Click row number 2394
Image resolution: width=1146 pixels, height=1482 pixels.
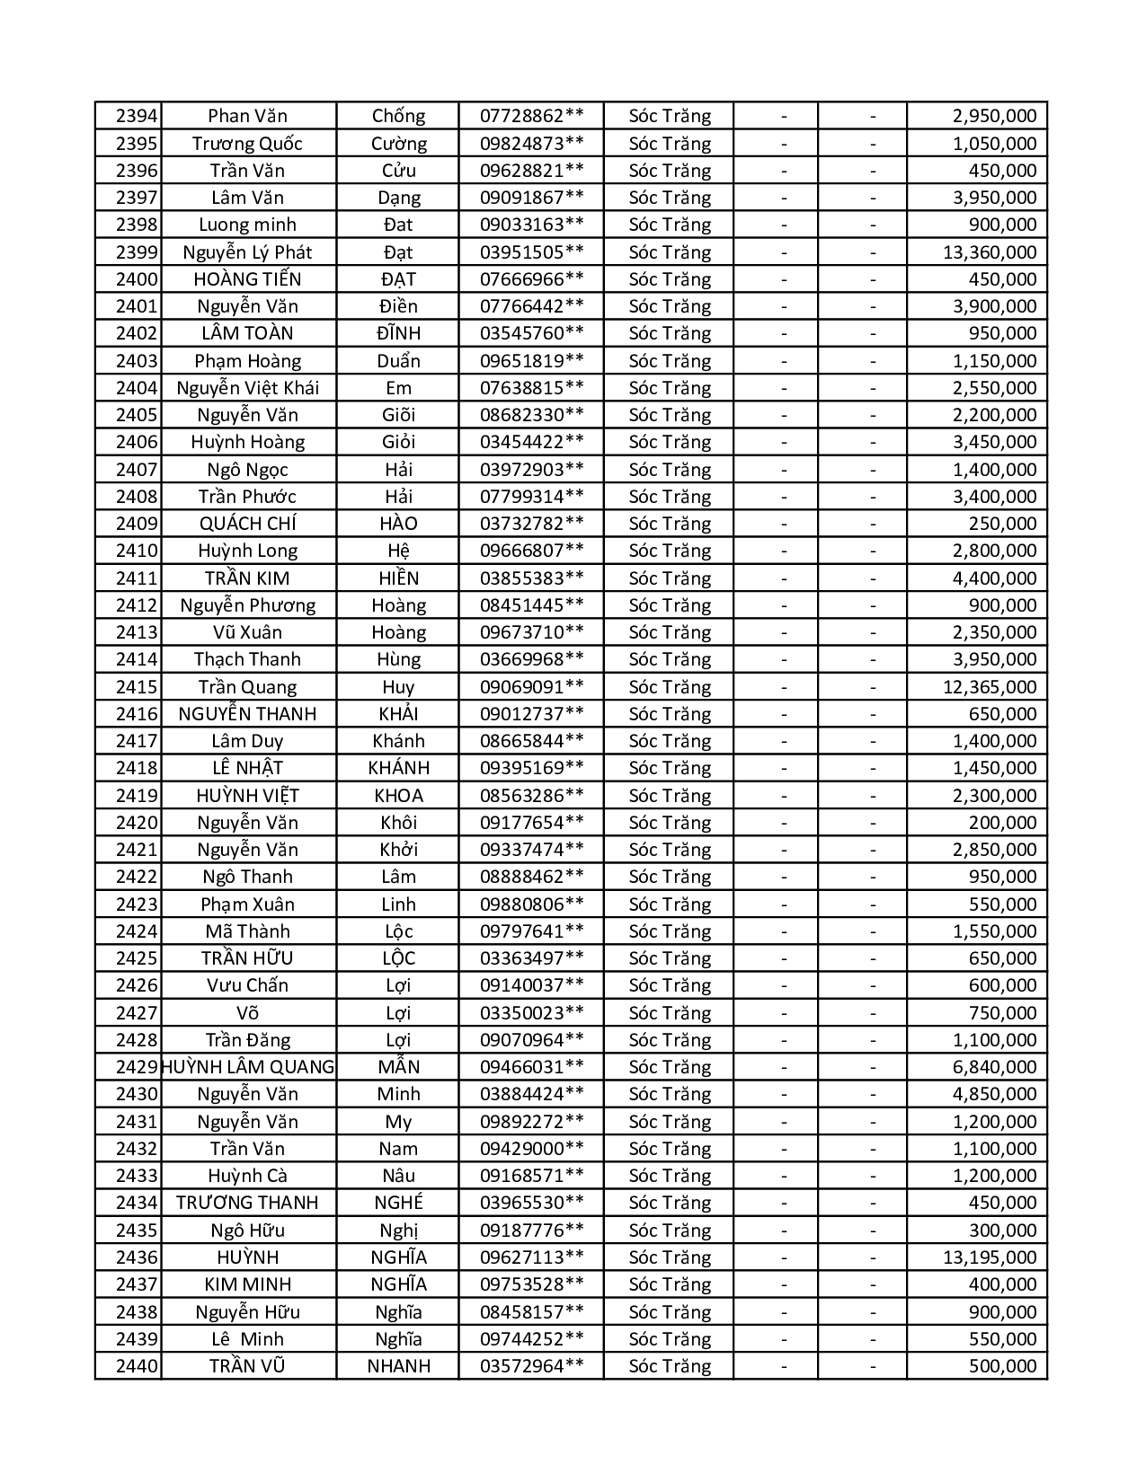click(137, 116)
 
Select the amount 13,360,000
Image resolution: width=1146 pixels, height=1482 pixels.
click(989, 252)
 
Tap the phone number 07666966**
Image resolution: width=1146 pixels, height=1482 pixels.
click(531, 279)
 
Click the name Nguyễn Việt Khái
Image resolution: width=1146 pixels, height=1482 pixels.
click(247, 388)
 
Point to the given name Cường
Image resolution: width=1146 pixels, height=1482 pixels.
click(398, 144)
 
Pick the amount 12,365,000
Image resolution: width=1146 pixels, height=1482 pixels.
click(989, 687)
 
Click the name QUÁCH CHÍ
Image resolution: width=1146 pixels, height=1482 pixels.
click(247, 524)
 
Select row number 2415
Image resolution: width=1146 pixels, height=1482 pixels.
click(137, 687)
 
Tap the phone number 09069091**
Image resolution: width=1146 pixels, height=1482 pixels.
click(531, 687)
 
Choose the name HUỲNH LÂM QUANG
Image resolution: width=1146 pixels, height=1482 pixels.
click(248, 1067)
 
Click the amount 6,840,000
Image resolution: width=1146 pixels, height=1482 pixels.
click(994, 1067)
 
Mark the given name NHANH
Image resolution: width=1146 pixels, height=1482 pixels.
click(398, 1366)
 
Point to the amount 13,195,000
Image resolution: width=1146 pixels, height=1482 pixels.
click(989, 1257)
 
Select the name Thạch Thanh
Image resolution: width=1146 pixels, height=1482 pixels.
click(247, 659)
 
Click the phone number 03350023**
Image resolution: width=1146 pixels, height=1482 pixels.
click(531, 1013)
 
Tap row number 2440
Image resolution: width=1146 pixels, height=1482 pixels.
click(137, 1366)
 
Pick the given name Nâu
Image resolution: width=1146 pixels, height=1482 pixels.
click(398, 1176)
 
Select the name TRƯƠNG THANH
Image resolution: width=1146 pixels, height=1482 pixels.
click(247, 1203)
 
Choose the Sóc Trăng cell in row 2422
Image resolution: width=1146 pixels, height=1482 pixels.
click(670, 877)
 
